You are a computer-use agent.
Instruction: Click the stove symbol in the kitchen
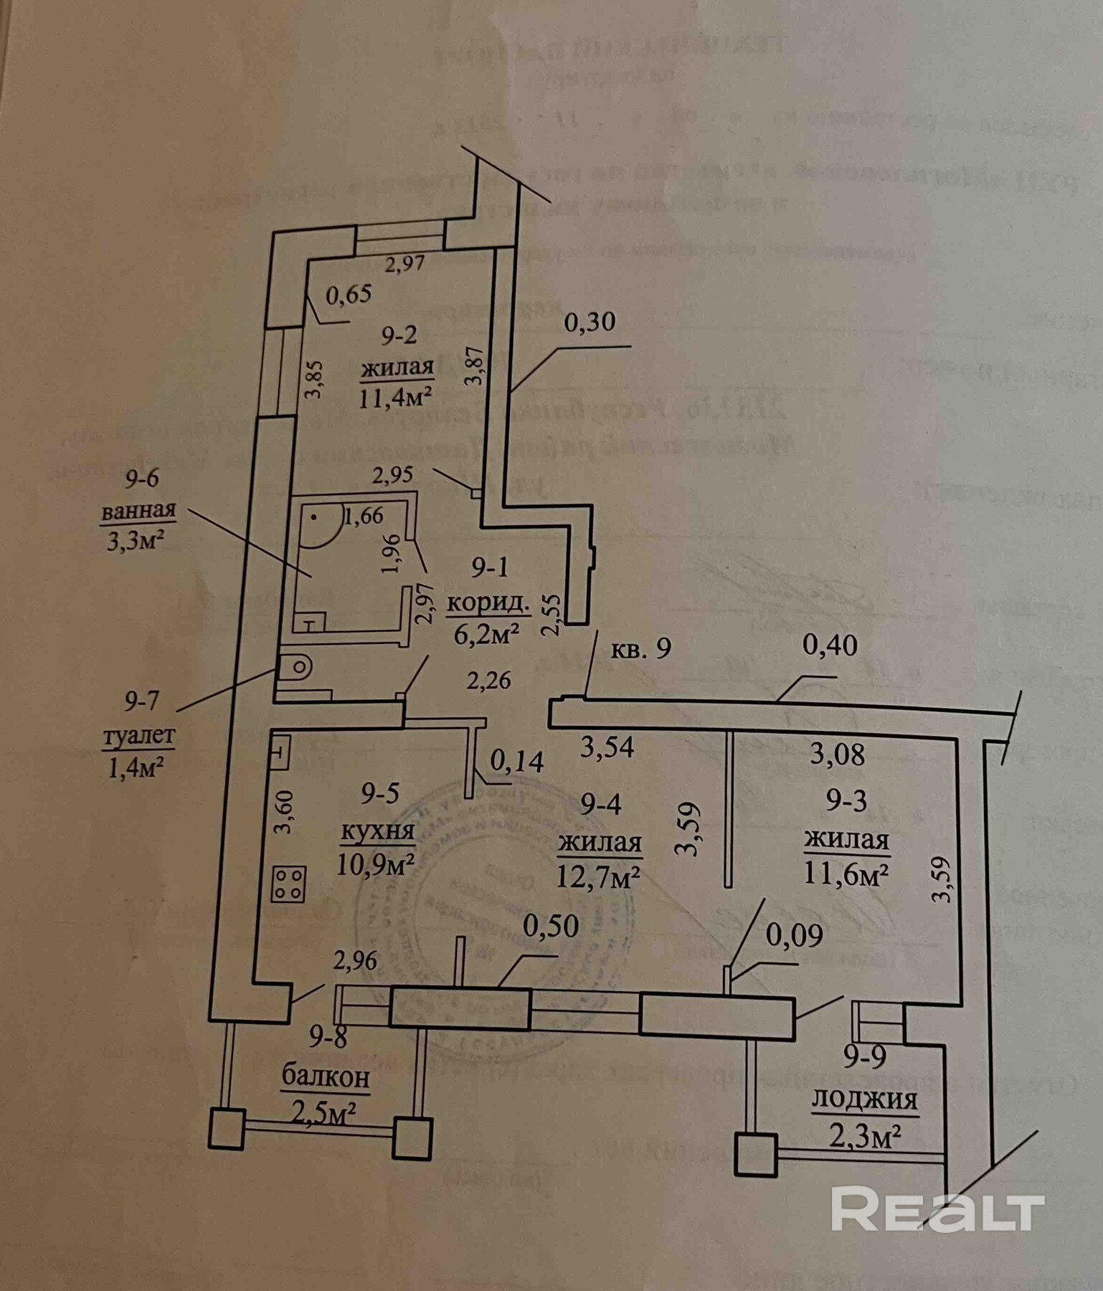pyautogui.click(x=288, y=884)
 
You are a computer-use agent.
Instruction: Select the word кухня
pyautogui.click(x=377, y=831)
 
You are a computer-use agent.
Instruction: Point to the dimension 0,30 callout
pyautogui.click(x=590, y=322)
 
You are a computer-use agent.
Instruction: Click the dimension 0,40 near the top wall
pyautogui.click(x=830, y=645)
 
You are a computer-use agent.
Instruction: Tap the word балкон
pyautogui.click(x=326, y=1077)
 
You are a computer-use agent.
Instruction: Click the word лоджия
pyautogui.click(x=864, y=1100)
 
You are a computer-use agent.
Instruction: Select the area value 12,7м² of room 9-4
pyautogui.click(x=599, y=876)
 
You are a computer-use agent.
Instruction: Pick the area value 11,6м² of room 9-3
pyautogui.click(x=846, y=874)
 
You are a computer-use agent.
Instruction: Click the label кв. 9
pyautogui.click(x=640, y=648)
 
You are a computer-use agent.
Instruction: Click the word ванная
pyautogui.click(x=138, y=511)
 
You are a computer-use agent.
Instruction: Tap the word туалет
pyautogui.click(x=139, y=736)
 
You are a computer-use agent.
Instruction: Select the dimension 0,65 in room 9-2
pyautogui.click(x=349, y=294)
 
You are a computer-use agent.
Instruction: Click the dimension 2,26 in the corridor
pyautogui.click(x=488, y=679)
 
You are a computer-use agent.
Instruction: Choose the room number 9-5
pyautogui.click(x=380, y=793)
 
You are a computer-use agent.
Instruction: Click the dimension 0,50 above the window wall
pyautogui.click(x=551, y=926)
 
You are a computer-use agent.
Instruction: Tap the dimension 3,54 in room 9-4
pyautogui.click(x=607, y=747)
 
